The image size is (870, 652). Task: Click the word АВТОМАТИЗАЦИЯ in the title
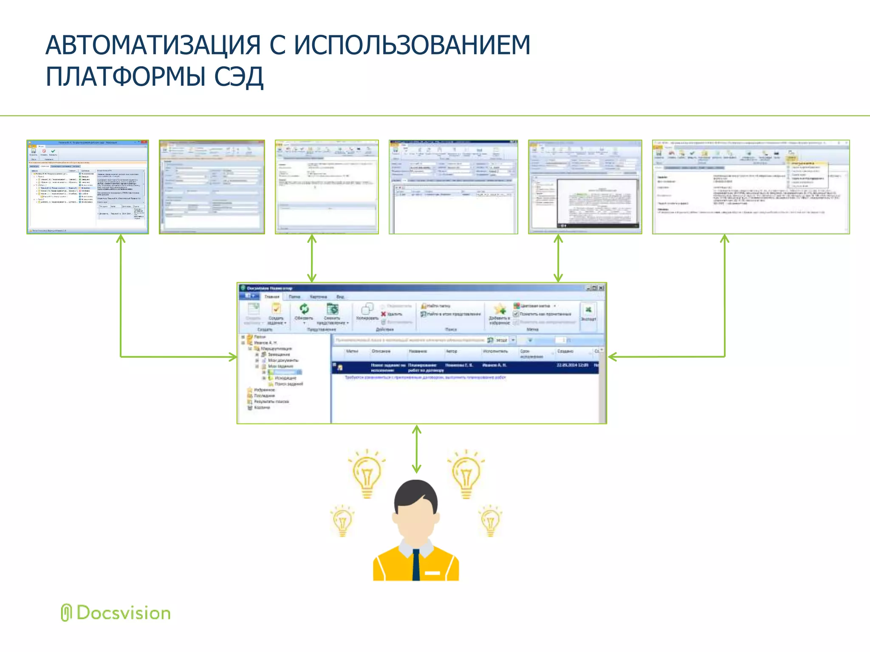pos(153,45)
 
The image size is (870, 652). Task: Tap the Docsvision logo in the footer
pos(116,613)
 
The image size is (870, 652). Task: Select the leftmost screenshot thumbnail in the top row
pos(88,187)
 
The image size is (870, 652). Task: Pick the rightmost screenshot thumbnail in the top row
pos(751,187)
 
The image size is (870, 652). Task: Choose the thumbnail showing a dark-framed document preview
pos(585,187)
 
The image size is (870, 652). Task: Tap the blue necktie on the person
pos(416,565)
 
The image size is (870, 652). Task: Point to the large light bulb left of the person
pos(367,473)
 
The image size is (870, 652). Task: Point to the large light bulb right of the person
pos(466,473)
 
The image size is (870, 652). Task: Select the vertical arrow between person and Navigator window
pos(417,449)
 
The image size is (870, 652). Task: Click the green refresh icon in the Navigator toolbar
pos(304,309)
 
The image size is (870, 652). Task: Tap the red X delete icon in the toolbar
pos(383,314)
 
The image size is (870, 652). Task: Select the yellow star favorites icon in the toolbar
pos(500,309)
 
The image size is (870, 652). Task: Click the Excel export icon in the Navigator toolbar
pos(588,310)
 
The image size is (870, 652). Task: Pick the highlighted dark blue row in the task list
pos(465,368)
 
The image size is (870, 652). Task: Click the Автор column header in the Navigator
pos(452,351)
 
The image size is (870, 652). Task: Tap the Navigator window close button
pos(601,288)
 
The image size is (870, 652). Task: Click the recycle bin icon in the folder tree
pos(250,407)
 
